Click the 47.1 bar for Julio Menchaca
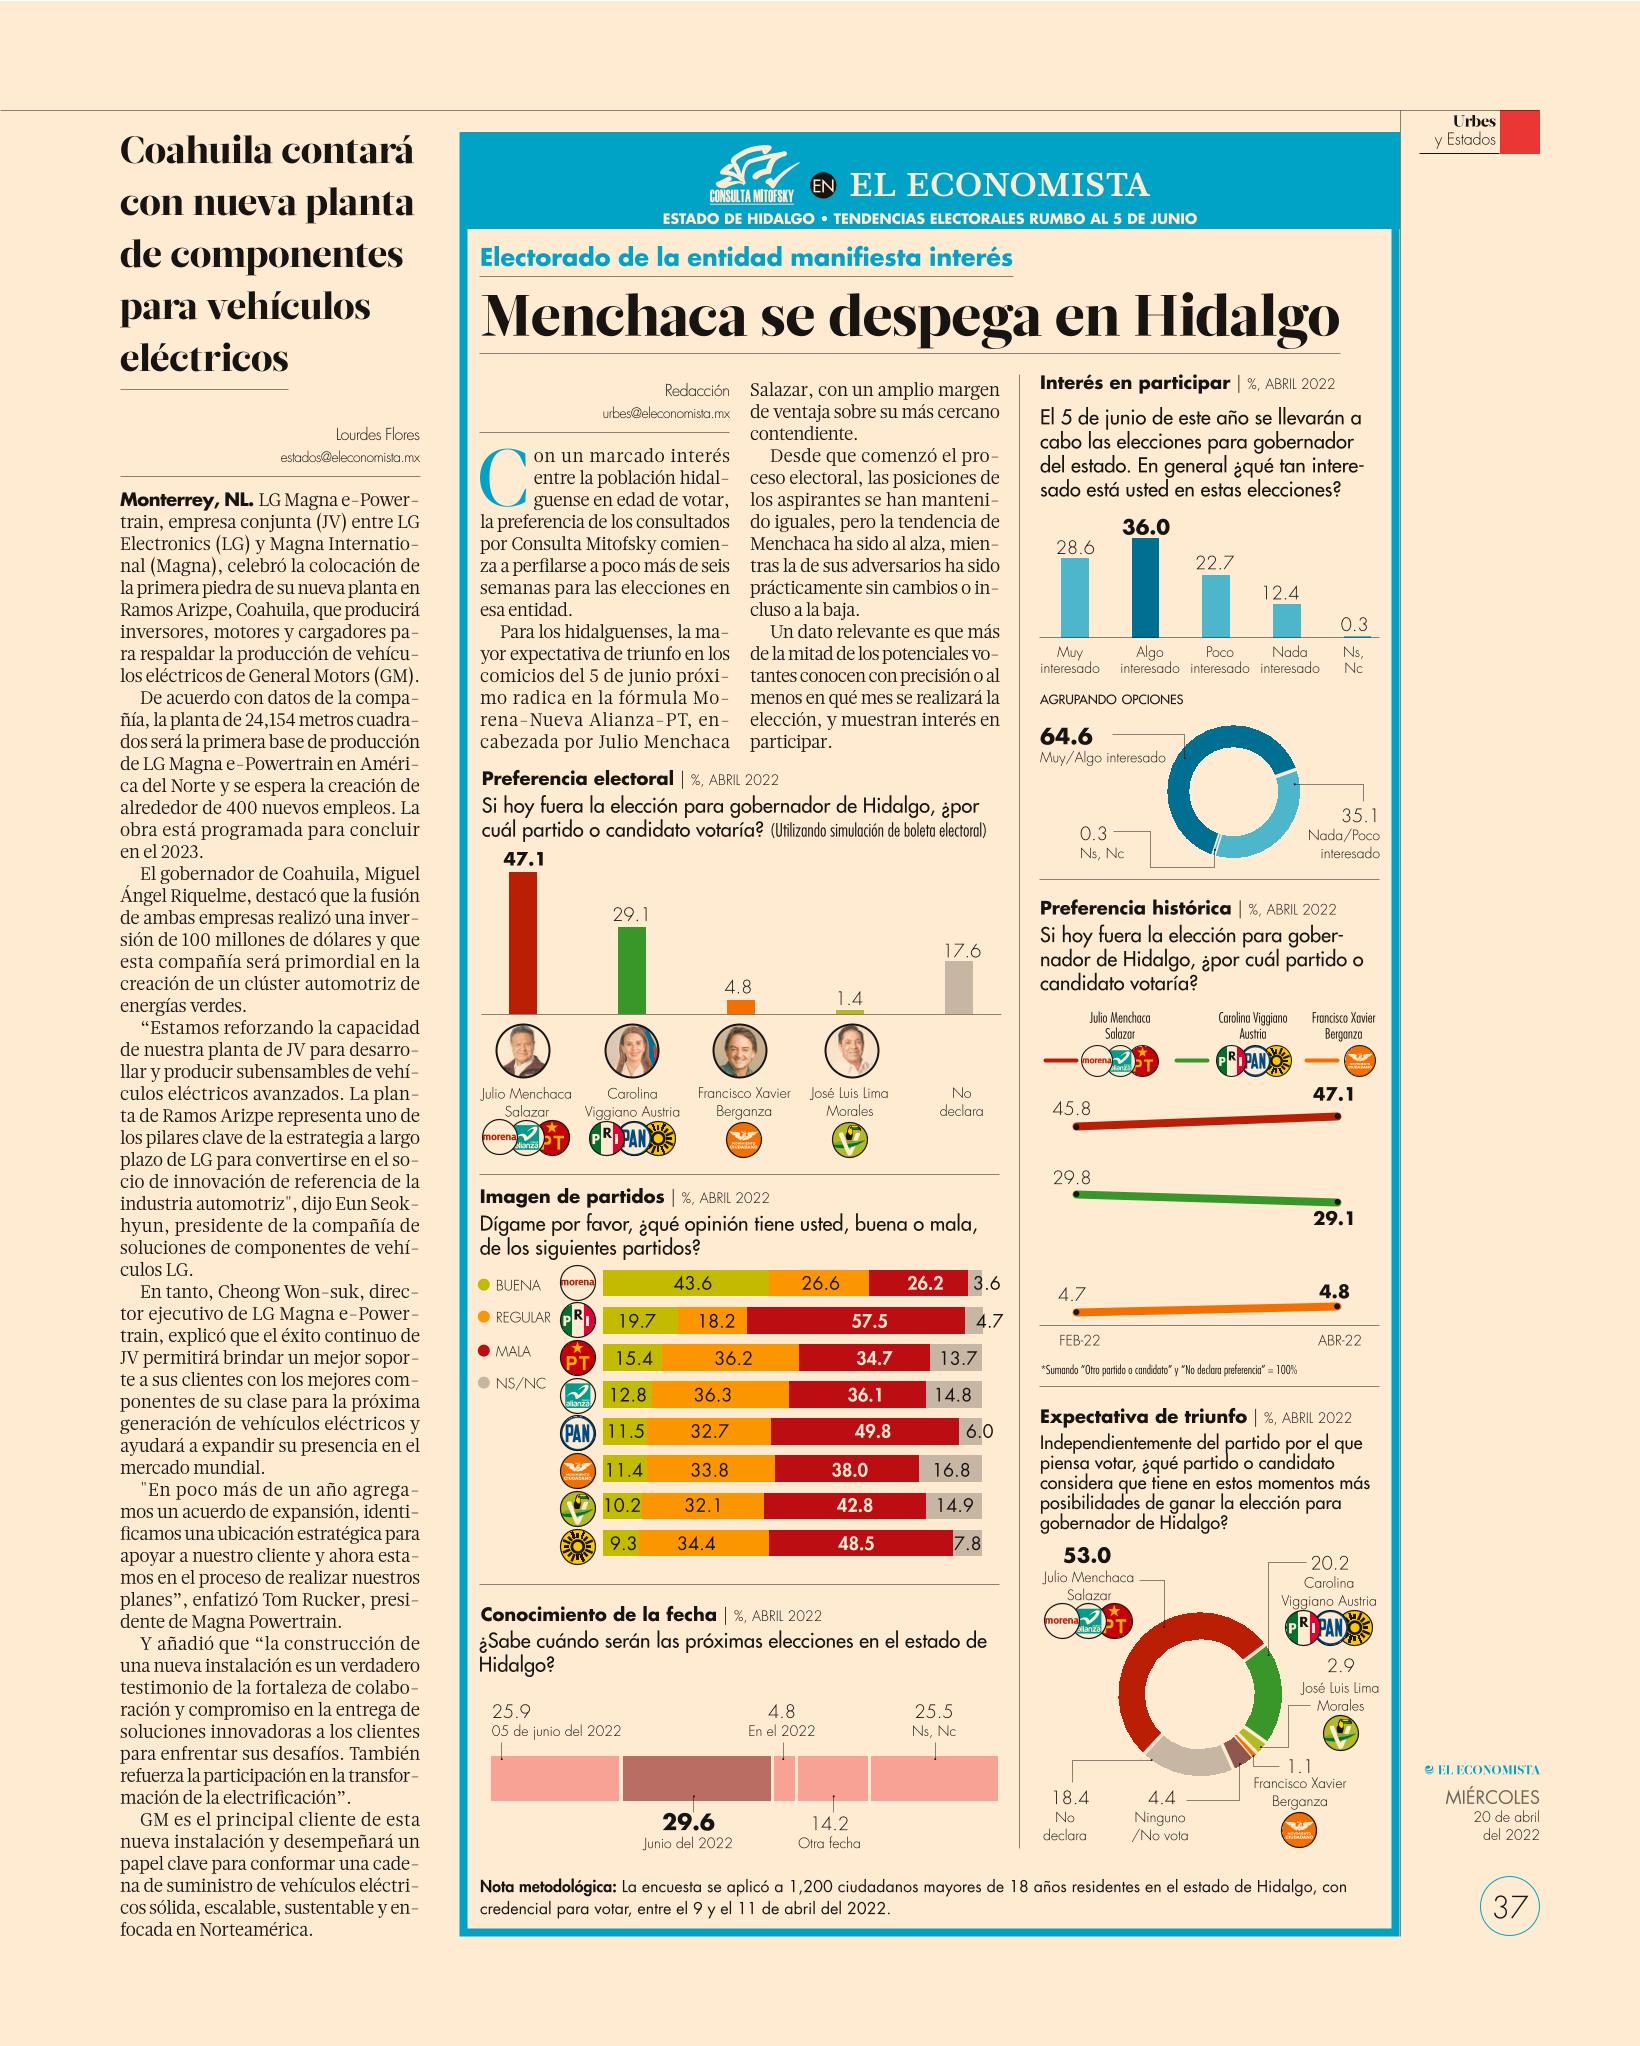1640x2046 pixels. pos(523,943)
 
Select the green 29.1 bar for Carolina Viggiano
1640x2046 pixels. pos(631,971)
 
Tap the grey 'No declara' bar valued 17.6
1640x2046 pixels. pos(959,988)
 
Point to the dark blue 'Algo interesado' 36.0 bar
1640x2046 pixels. pos(1145,588)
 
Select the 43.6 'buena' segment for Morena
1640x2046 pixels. pos(686,1283)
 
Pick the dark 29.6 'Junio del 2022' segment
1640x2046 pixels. pos(696,1779)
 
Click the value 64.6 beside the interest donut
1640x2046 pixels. pos(1066,736)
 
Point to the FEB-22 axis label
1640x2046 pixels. pos(1079,1340)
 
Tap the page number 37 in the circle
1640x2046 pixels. pos(1509,1908)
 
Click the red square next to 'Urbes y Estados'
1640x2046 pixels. pos(1520,132)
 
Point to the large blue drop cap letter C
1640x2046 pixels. pos(503,477)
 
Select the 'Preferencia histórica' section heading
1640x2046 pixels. pos(1135,908)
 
